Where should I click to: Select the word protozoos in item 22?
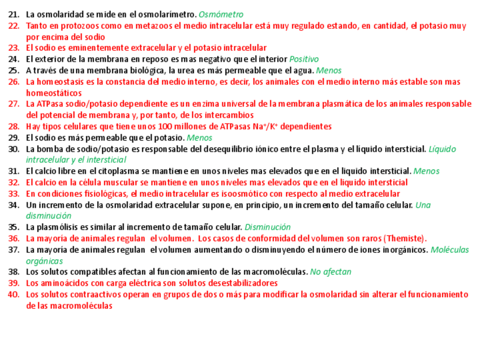point(83,25)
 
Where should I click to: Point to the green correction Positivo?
point(304,59)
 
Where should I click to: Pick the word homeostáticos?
point(54,93)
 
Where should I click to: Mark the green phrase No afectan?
point(331,272)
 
